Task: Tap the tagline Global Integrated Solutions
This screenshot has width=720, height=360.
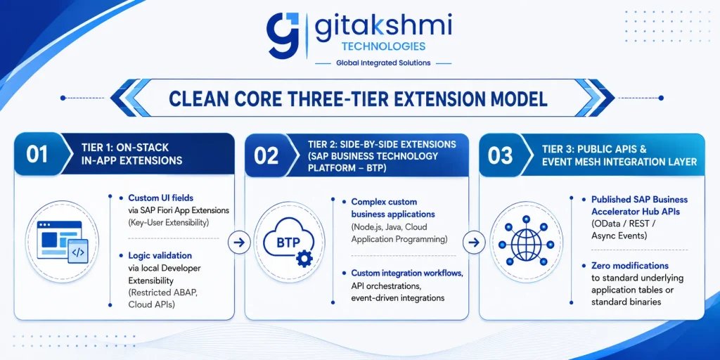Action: coord(383,63)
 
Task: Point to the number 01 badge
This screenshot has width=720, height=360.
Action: coord(37,154)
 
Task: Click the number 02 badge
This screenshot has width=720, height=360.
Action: coord(266,156)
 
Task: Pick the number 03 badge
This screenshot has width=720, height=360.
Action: coord(501,156)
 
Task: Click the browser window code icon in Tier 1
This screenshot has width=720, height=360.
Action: coord(63,242)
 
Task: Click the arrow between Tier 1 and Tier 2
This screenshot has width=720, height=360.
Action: coord(239,243)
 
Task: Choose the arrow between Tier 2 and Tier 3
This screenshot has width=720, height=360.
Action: coord(474,243)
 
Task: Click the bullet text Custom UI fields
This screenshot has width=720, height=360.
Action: coord(161,198)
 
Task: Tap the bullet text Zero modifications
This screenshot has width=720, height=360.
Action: coord(630,266)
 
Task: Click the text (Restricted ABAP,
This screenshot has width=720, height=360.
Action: coord(159,292)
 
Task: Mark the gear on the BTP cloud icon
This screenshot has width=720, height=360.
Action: coord(304,259)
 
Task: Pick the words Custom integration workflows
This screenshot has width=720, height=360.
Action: coord(407,274)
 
